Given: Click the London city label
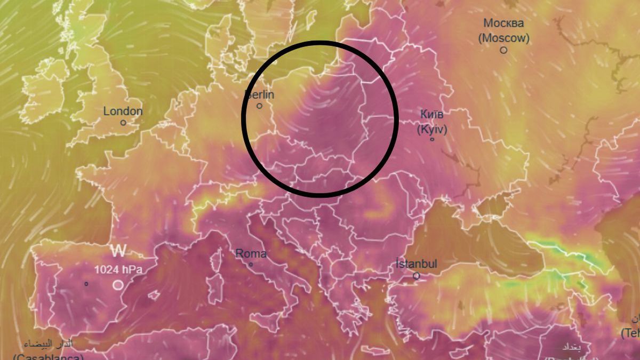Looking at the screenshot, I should pos(123,111).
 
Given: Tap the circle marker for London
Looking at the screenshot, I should pos(123,122).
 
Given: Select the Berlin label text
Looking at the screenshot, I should pos(260,95).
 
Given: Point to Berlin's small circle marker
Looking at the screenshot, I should pos(260,106).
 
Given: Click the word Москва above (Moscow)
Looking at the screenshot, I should pos(503,23).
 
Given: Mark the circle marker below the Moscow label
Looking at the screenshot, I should pos(503,50).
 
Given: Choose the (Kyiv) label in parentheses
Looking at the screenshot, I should pos(432,129).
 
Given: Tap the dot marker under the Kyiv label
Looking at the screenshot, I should pos(432,140).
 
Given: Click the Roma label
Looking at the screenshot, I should pos(251,254).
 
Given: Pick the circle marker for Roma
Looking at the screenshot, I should pos(251,264).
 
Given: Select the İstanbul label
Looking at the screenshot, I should pos(416,264).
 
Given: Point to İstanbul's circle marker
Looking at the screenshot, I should pos(417,276).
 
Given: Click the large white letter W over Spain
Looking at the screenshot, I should pos(118,251).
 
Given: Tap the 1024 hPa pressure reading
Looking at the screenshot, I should pos(118,270).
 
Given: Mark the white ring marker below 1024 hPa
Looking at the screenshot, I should pos(118,285).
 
